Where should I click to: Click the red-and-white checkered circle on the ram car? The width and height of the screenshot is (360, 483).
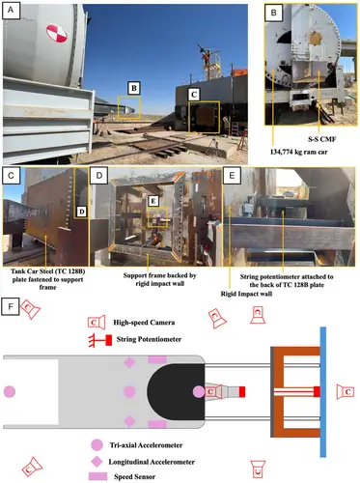pyautogui.click(x=57, y=33)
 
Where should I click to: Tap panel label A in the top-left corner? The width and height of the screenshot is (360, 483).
pyautogui.click(x=11, y=10)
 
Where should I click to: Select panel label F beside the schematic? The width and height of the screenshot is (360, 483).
pyautogui.click(x=11, y=306)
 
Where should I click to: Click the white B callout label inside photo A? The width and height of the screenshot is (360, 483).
pyautogui.click(x=134, y=88)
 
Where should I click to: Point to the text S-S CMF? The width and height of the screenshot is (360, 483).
pyautogui.click(x=321, y=139)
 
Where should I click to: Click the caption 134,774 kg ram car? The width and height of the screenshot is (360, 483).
pyautogui.click(x=299, y=152)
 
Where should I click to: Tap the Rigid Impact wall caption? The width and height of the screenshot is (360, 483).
pyautogui.click(x=246, y=294)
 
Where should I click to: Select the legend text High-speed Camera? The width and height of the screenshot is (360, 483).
pyautogui.click(x=144, y=323)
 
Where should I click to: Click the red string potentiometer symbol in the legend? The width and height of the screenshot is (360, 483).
pyautogui.click(x=100, y=340)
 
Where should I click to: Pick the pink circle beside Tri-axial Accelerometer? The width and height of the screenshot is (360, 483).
pyautogui.click(x=97, y=444)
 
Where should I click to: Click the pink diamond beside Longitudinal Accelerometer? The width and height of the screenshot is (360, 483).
pyautogui.click(x=97, y=461)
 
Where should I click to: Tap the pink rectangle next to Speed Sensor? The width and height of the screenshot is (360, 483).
pyautogui.click(x=97, y=476)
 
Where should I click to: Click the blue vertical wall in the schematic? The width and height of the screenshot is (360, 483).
pyautogui.click(x=323, y=392)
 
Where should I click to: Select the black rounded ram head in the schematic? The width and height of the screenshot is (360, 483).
pyautogui.click(x=177, y=392)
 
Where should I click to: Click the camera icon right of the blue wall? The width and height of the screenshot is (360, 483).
pyautogui.click(x=346, y=392)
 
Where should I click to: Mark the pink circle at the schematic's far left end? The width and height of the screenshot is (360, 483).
pyautogui.click(x=10, y=392)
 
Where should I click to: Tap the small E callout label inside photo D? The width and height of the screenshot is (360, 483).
pyautogui.click(x=153, y=201)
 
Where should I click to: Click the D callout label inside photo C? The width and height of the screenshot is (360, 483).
pyautogui.click(x=82, y=212)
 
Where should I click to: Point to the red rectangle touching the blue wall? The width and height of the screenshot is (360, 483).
pyautogui.click(x=317, y=391)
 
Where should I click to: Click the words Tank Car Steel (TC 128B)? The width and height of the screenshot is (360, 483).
pyautogui.click(x=48, y=271)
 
